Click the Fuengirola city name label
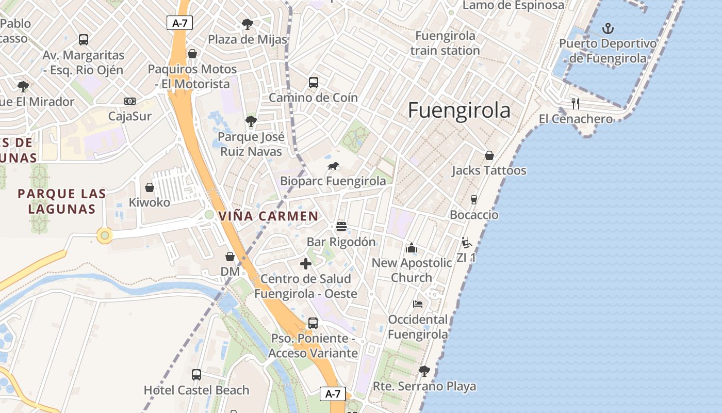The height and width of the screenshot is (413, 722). pos(459,110)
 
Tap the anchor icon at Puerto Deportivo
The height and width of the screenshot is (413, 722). pos(608,28)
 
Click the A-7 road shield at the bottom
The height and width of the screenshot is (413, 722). pos(333,394)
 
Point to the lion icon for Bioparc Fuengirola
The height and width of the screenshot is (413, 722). pos(333,166)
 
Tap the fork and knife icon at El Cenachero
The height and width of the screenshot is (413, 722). pos(576,104)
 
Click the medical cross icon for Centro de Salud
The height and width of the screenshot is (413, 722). pos(306,264)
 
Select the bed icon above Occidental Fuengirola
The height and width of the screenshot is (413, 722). pos(418,304)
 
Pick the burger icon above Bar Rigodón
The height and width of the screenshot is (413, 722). pos(341,227)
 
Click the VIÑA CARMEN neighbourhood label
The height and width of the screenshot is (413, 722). pos(269,216)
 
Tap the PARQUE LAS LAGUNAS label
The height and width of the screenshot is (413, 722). pos(62,201)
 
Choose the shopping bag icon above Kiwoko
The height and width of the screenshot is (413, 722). pos(150,187)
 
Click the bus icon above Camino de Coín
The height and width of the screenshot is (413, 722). pos(313,83)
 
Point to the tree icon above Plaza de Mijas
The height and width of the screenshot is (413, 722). pos(248,24)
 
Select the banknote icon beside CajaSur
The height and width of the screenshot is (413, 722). pos(130,101)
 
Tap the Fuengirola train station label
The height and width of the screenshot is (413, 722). pos(445,43)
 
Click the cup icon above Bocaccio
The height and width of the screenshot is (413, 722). pos(474,200)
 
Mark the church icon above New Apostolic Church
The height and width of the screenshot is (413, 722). pos(412,248)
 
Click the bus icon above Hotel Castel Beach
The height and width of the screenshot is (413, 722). pos(196,375)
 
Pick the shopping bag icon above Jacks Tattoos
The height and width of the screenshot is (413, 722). pos(489,155)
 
